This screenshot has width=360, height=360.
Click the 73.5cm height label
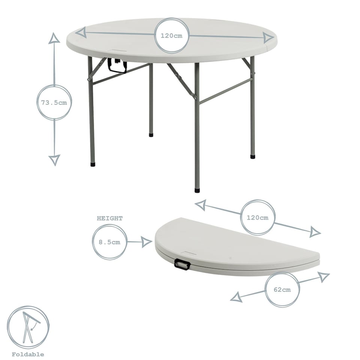tap(54, 102)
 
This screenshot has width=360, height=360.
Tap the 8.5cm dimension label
tap(109, 242)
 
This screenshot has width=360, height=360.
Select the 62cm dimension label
tap(282, 289)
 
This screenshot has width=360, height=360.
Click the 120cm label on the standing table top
tap(172, 36)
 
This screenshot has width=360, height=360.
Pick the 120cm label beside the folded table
tap(258, 217)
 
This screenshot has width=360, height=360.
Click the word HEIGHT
tap(110, 218)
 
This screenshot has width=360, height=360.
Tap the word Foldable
tap(28, 354)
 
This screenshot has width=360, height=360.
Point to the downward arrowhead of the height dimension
tap(54, 160)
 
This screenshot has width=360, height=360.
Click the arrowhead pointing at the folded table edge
tap(147, 242)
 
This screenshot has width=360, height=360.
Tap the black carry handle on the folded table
tap(182, 265)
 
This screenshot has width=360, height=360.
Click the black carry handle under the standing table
tap(117, 66)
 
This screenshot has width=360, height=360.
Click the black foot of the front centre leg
tap(197, 190)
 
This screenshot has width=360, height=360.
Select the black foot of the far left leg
tap(93, 164)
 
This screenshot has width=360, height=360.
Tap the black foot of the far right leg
tap(253, 156)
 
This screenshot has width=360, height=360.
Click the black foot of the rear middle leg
tap(151, 134)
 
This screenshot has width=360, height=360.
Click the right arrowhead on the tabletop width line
tap(268, 37)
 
